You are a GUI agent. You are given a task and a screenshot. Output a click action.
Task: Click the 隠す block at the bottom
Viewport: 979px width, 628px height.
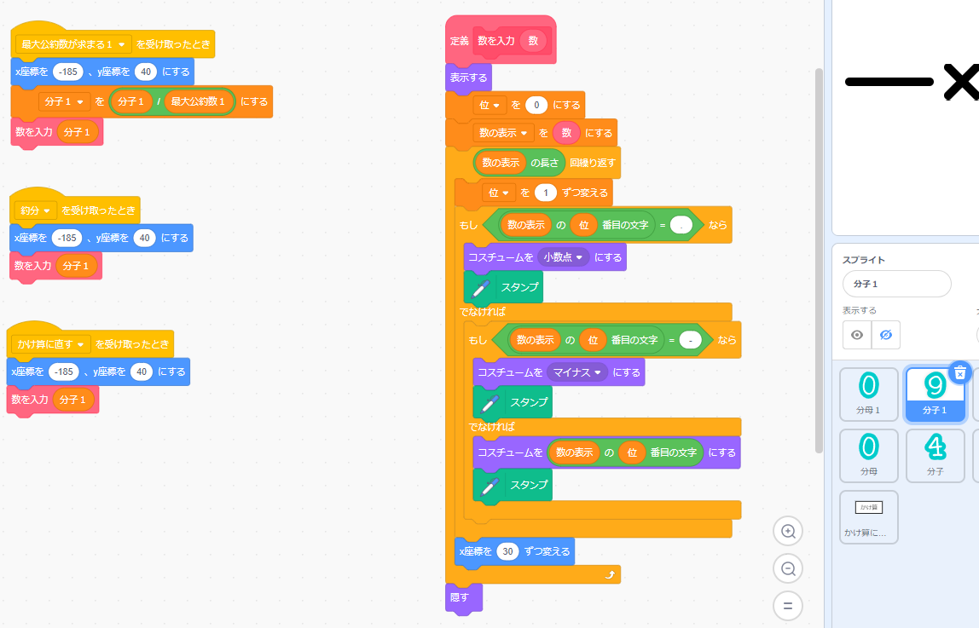460,597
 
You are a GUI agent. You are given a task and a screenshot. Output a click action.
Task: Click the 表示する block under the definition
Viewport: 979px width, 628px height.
468,78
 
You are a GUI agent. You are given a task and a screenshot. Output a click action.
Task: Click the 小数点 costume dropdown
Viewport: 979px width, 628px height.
565,257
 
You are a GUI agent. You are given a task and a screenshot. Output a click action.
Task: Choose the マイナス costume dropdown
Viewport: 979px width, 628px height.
577,372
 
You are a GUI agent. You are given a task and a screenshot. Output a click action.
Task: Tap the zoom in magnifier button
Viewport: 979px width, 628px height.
788,532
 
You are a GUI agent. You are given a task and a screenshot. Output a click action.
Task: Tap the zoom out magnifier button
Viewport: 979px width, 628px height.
788,568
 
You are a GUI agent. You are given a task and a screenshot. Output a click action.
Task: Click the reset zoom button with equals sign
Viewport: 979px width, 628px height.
788,606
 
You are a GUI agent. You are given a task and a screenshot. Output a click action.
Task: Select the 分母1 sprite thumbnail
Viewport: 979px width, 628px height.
869,394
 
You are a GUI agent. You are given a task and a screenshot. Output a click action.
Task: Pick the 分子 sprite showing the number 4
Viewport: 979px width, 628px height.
936,455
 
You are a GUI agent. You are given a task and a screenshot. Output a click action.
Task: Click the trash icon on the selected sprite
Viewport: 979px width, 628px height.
960,372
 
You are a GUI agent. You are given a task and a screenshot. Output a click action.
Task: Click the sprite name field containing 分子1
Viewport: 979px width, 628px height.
896,284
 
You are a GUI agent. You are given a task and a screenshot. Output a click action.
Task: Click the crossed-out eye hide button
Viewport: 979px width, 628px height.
886,335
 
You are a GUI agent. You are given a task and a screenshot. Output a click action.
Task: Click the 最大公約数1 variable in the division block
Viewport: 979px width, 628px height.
200,102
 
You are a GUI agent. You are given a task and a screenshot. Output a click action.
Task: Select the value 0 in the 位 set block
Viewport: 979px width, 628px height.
536,106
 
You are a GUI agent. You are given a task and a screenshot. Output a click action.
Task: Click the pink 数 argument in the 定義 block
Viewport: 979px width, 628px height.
534,40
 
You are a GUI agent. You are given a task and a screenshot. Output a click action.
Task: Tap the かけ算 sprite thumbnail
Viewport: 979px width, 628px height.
869,516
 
